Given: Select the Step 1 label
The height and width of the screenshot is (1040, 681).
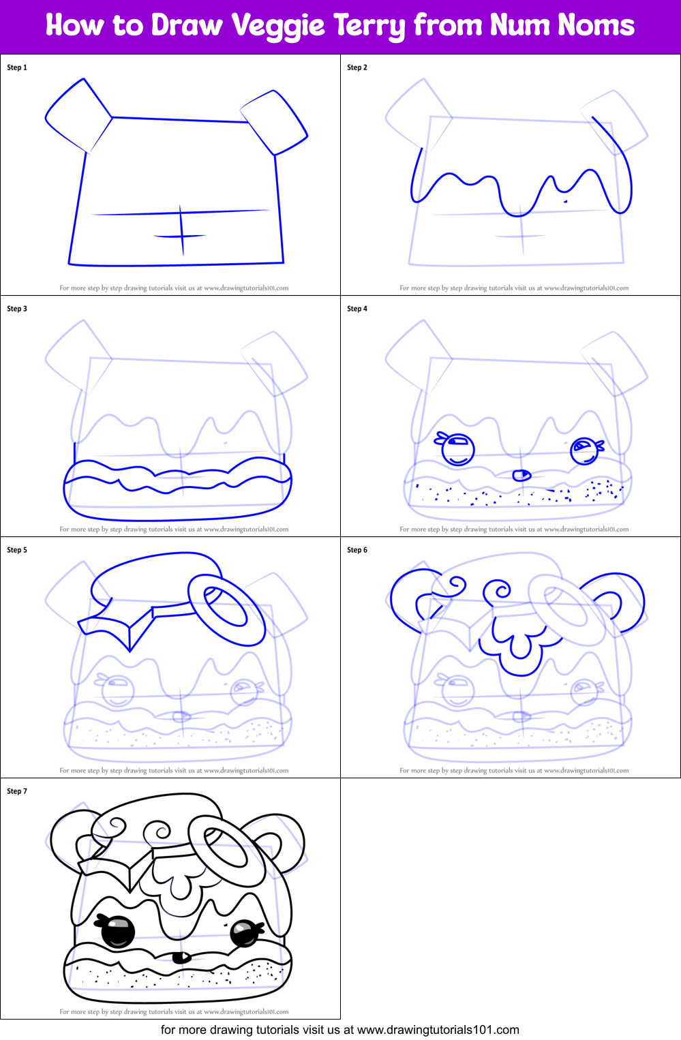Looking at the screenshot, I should pyautogui.click(x=17, y=67).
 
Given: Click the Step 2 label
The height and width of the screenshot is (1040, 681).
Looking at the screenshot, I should pyautogui.click(x=357, y=67).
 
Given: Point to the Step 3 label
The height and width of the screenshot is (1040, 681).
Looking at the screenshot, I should pyautogui.click(x=17, y=309).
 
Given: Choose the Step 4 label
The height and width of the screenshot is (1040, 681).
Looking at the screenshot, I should pyautogui.click(x=357, y=309).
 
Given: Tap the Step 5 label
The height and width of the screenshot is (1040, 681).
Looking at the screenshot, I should pyautogui.click(x=17, y=550).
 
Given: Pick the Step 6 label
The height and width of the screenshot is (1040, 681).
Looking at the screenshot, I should pyautogui.click(x=357, y=550).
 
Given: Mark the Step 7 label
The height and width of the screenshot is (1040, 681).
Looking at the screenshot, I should pyautogui.click(x=17, y=791).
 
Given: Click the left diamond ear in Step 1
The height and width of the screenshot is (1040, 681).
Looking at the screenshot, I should pyautogui.click(x=78, y=115).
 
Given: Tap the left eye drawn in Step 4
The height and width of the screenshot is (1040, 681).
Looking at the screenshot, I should pyautogui.click(x=457, y=450).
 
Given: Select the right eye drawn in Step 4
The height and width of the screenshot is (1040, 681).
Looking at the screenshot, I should pyautogui.click(x=584, y=450).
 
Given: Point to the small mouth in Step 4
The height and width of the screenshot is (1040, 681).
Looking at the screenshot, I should pyautogui.click(x=521, y=474).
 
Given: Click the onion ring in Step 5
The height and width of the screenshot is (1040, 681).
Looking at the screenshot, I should pyautogui.click(x=226, y=609).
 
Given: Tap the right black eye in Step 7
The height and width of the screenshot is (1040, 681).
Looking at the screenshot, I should pyautogui.click(x=243, y=932).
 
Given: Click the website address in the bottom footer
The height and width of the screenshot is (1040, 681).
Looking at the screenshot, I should pyautogui.click(x=438, y=1030).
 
